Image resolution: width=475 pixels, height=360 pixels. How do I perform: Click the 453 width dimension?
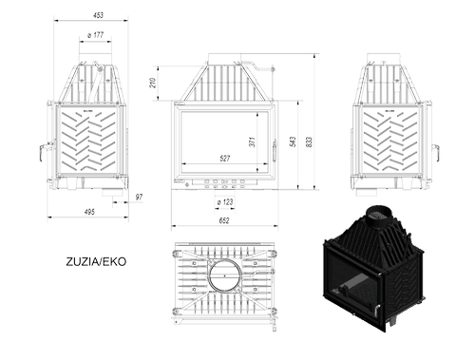coord(98,15)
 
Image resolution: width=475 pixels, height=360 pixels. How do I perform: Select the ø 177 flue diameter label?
coord(96,35)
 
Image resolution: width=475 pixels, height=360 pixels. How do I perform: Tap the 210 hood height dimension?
coord(153,83)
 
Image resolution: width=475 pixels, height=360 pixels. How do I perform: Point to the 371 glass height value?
coord(252,142)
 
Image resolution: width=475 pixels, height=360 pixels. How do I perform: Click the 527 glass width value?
coord(224,158)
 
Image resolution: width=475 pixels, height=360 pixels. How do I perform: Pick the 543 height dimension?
coord(293,142)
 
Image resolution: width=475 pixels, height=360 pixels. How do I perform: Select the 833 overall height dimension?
coord(310,142)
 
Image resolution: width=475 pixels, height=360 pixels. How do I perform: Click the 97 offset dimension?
coord(139,197)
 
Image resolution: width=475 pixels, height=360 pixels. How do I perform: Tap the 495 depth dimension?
coord(89,212)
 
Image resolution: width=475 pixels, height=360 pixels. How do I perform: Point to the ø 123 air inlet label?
coord(225,202)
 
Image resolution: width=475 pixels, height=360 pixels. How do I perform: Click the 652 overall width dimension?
coord(224,220)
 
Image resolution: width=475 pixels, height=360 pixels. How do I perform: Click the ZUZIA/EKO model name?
coord(96,261)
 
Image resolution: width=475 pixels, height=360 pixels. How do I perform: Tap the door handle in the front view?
coord(275,151)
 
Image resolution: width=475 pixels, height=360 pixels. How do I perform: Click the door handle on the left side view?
coord(44,150)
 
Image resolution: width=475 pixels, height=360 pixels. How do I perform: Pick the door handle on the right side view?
coord(436,152)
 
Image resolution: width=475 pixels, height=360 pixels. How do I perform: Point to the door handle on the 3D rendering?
coord(377,311)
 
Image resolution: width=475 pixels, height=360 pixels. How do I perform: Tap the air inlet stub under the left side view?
coord(113,192)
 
